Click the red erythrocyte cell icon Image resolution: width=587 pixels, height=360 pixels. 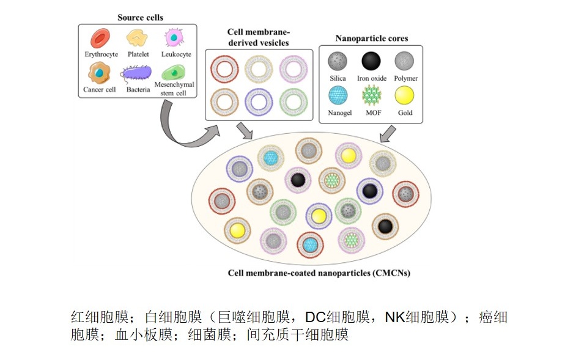click(x=100, y=39)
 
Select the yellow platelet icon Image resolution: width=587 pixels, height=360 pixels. click(x=137, y=39)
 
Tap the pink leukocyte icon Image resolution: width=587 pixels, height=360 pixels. click(x=175, y=39)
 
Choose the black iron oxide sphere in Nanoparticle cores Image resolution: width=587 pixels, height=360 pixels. click(x=371, y=61)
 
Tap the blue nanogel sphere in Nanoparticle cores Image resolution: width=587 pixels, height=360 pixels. click(x=338, y=96)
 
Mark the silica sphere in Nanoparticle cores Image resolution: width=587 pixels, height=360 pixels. click(x=338, y=61)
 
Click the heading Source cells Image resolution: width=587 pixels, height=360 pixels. click(x=140, y=17)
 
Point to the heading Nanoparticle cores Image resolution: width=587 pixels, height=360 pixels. click(x=372, y=39)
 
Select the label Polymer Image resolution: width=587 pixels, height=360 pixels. click(x=406, y=78)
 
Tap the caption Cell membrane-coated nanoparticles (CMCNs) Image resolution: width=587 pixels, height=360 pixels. click(x=319, y=273)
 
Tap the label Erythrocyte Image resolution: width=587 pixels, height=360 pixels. click(x=101, y=54)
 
